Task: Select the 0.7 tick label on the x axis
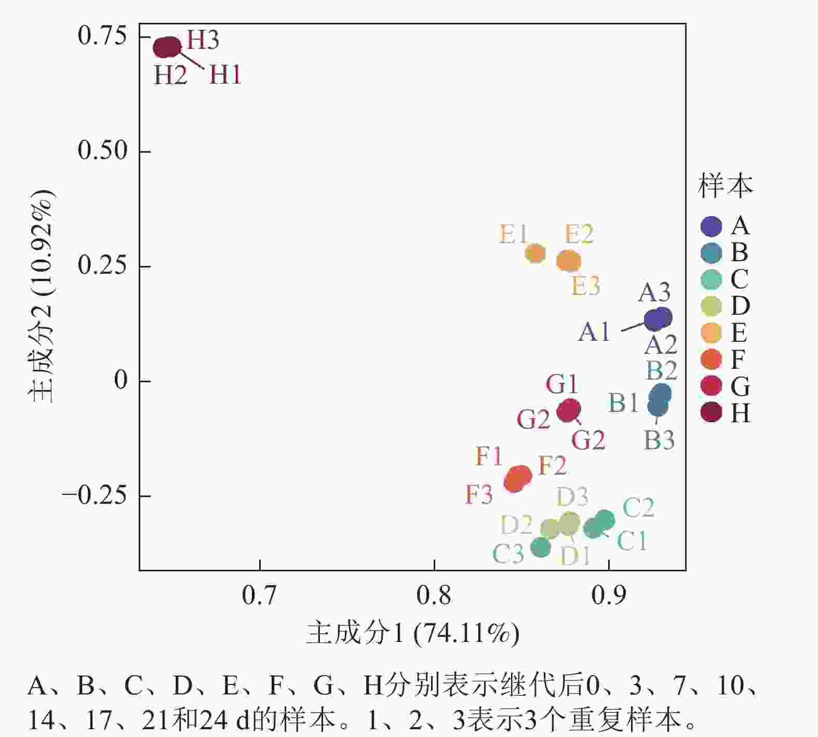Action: click(259, 595)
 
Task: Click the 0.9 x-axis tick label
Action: click(608, 595)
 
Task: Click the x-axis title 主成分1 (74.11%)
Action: click(413, 633)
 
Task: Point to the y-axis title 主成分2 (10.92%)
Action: click(41, 296)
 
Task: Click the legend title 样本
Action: click(726, 185)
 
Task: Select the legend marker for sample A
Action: click(711, 226)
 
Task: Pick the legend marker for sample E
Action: click(711, 333)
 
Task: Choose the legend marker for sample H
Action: click(711, 413)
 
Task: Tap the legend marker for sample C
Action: click(711, 280)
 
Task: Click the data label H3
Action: click(203, 40)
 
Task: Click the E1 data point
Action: click(535, 253)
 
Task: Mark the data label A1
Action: click(594, 332)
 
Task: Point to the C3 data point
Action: click(541, 547)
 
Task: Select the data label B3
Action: click(659, 440)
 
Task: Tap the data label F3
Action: click(478, 494)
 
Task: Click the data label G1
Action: click(561, 385)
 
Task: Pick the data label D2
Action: click(516, 525)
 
